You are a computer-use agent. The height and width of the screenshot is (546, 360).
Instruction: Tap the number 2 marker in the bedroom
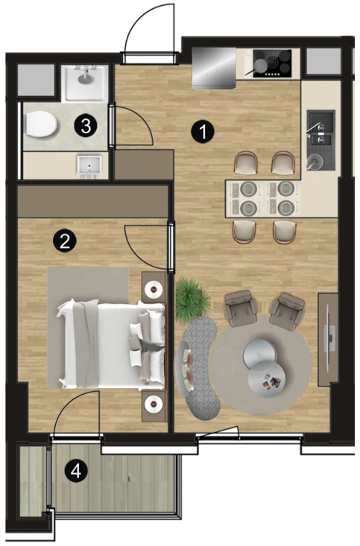(65, 241)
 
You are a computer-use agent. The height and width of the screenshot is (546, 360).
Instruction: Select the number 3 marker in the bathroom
(86, 126)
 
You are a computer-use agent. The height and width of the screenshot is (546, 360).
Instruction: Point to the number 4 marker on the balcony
(76, 472)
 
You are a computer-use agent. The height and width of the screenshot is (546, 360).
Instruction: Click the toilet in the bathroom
(41, 124)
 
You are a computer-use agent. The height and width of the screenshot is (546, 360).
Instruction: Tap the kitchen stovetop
(272, 63)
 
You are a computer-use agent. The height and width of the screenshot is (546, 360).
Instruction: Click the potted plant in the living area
(192, 300)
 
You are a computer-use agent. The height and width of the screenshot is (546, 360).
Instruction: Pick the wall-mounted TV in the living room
(329, 338)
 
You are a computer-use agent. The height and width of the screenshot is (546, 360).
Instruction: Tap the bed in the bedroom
(112, 345)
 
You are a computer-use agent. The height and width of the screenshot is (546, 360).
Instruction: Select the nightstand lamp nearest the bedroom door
(154, 288)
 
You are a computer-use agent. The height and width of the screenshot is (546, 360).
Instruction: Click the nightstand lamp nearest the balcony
(154, 404)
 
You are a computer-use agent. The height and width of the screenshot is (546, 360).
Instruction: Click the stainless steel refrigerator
(215, 68)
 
